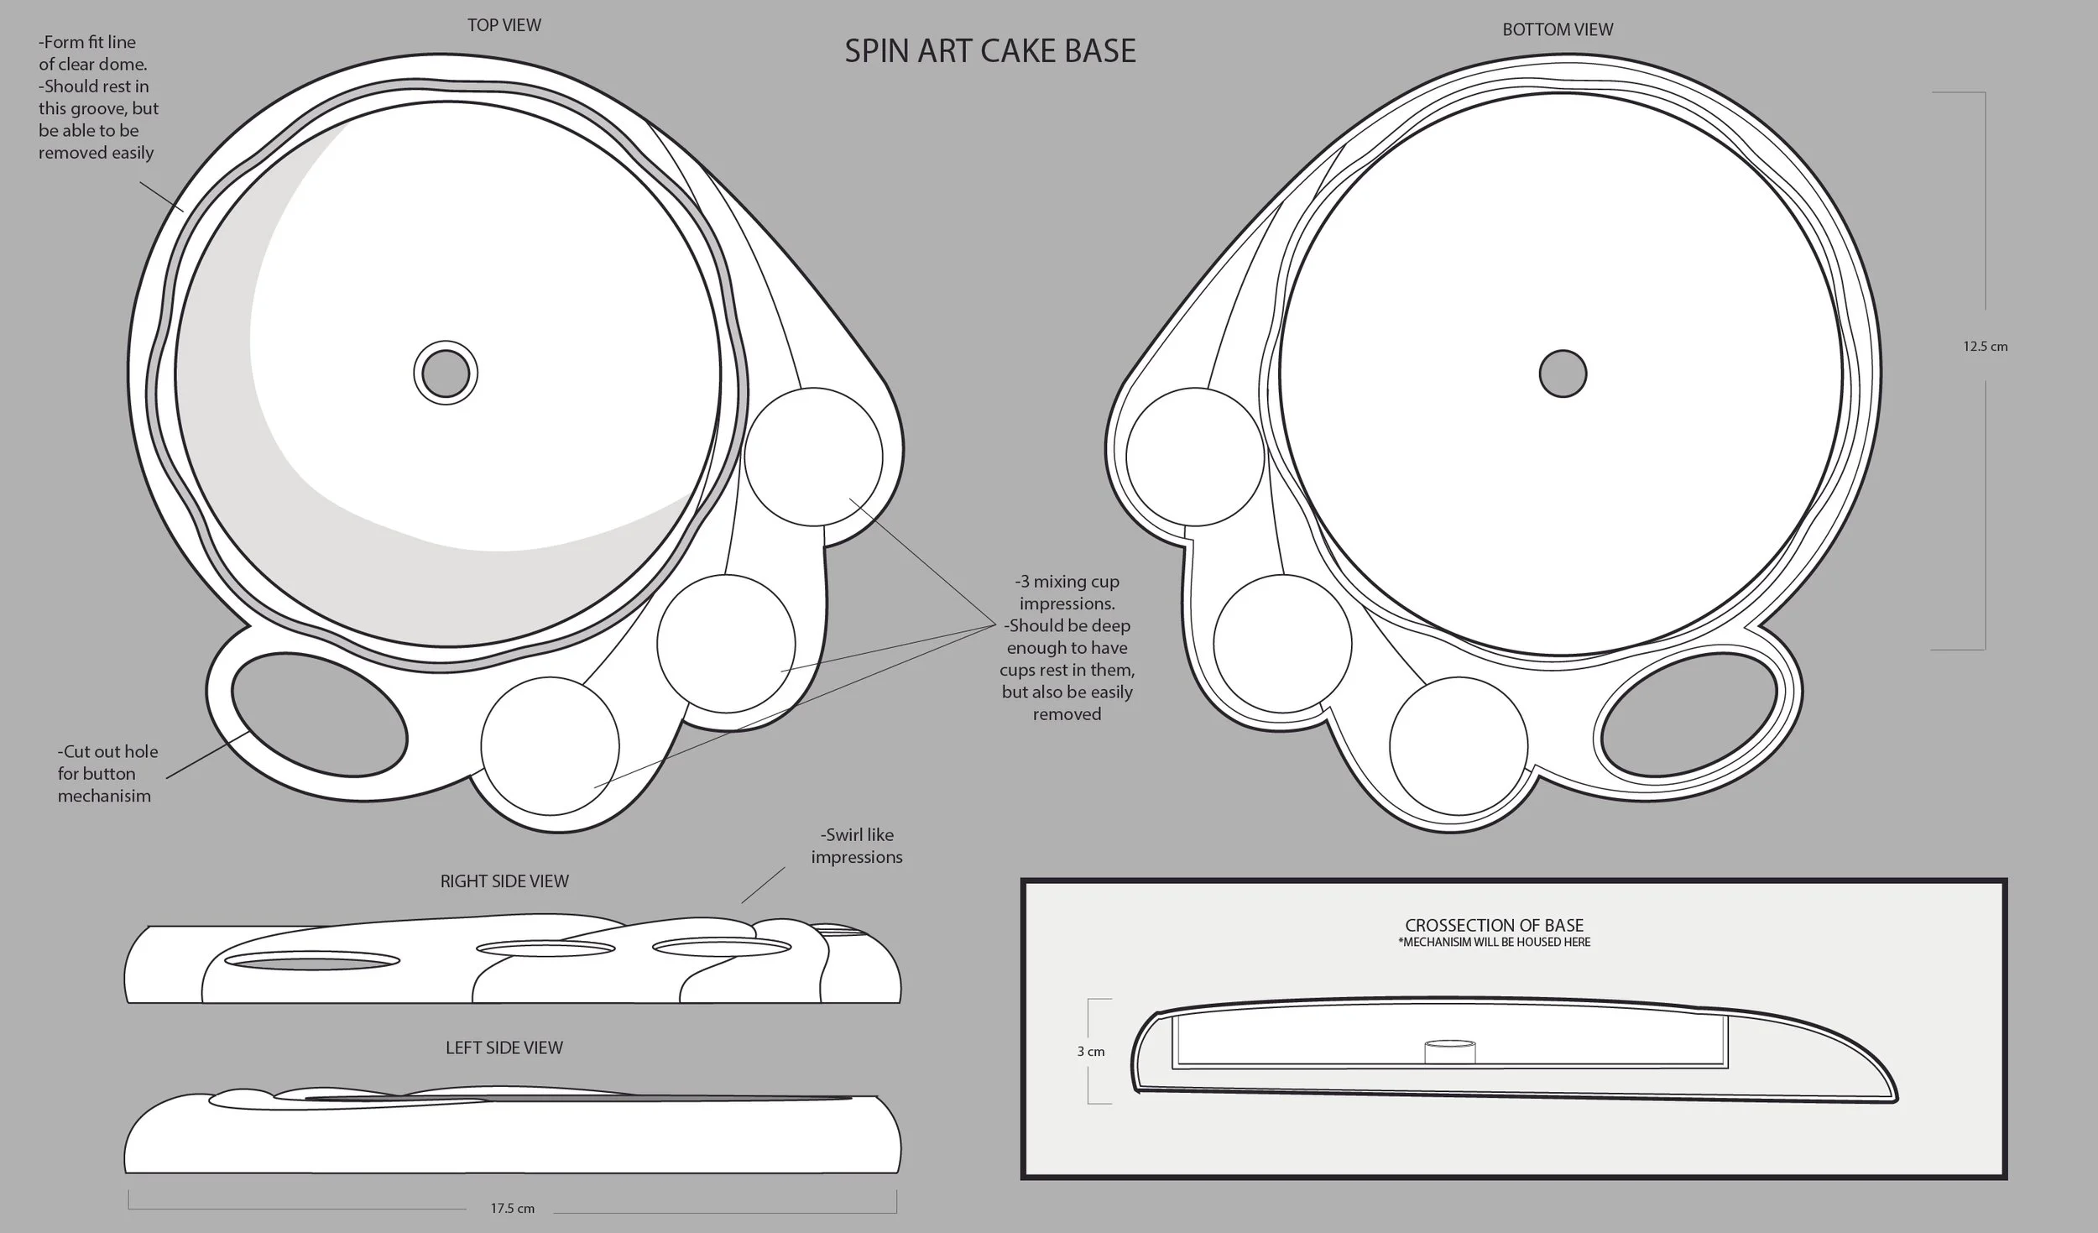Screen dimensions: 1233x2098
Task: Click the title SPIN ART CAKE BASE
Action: [x=989, y=51]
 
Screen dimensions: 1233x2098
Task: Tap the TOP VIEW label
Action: [x=504, y=25]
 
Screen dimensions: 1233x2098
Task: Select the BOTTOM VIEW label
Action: [x=1557, y=29]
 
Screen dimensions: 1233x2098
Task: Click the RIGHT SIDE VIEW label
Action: [x=504, y=881]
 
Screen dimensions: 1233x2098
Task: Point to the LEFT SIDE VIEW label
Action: [x=504, y=1048]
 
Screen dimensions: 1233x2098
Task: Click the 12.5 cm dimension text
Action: [x=1985, y=347]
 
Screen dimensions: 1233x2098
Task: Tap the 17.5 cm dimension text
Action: [x=512, y=1209]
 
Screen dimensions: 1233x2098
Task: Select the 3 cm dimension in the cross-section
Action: [x=1090, y=1052]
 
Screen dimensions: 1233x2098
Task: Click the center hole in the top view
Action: [x=446, y=374]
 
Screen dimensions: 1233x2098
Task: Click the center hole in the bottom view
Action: [x=1563, y=374]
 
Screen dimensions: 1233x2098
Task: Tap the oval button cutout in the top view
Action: [x=319, y=714]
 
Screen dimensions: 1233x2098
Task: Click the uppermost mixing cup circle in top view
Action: [x=813, y=457]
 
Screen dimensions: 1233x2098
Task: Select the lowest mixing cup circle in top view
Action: [x=550, y=745]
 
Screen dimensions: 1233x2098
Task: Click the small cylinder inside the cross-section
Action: [x=1449, y=1052]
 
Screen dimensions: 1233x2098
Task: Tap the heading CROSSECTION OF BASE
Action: [x=1494, y=925]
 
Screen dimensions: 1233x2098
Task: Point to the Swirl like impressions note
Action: [x=856, y=846]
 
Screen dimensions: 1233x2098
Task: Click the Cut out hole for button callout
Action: [x=107, y=774]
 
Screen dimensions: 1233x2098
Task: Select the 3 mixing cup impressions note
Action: [x=1067, y=647]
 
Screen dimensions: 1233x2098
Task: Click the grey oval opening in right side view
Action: [x=312, y=961]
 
